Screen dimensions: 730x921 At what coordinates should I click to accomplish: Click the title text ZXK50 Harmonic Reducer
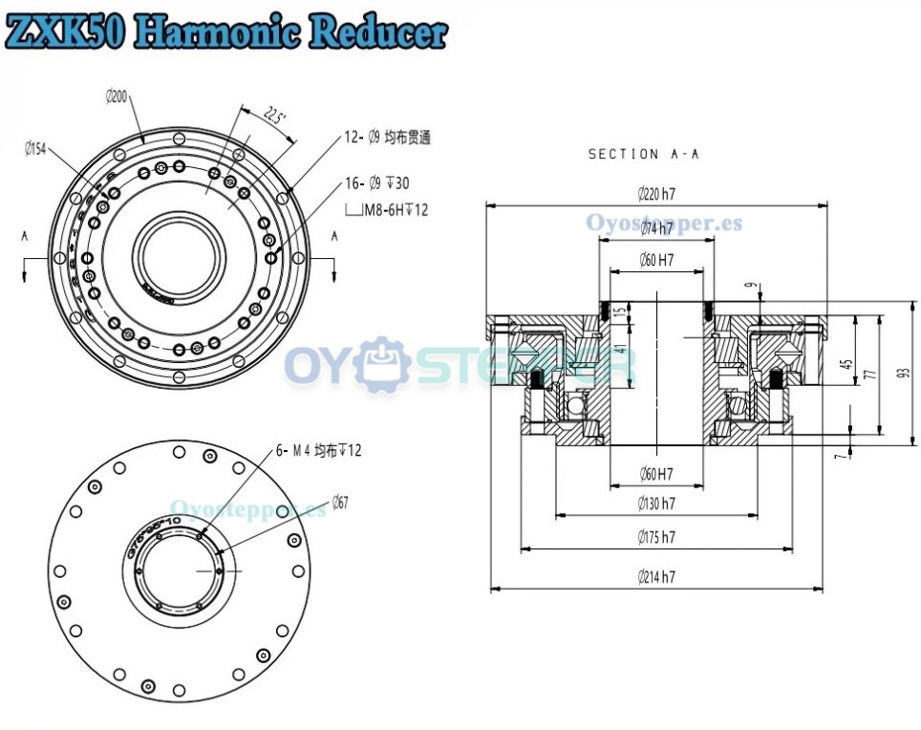(225, 31)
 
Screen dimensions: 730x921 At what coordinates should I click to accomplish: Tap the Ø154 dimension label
(35, 148)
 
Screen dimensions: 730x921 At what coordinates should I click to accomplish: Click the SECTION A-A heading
(643, 154)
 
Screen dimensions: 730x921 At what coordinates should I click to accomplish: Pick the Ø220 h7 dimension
(656, 195)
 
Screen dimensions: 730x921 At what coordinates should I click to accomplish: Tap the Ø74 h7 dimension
(656, 229)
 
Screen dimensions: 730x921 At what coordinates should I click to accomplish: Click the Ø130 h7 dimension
(656, 504)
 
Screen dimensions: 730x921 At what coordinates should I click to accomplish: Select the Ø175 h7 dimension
(656, 538)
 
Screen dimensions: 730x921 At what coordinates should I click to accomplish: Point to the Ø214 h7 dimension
(656, 577)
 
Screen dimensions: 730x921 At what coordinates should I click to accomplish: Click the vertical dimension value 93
(904, 374)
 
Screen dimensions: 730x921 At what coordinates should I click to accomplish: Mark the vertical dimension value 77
(869, 375)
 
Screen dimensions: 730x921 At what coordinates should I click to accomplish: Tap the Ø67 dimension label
(341, 503)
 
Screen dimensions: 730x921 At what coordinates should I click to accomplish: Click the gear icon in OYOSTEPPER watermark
(386, 363)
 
